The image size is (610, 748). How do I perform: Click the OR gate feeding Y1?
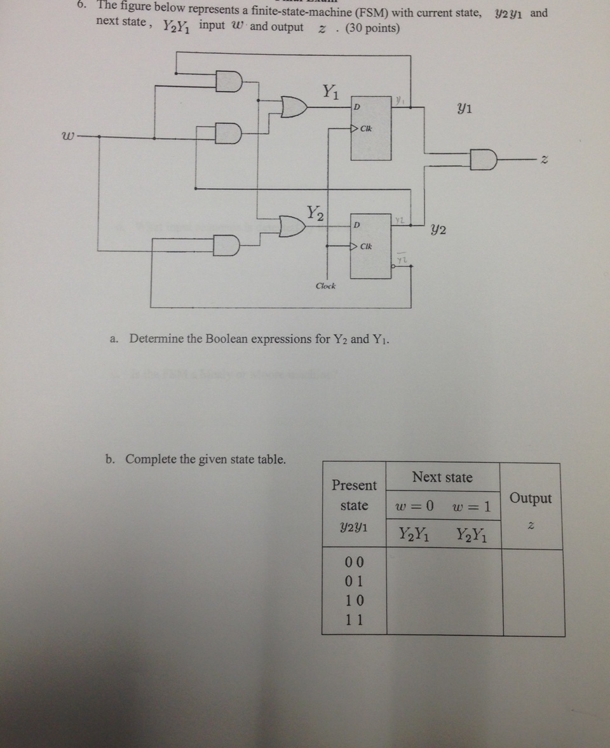293,107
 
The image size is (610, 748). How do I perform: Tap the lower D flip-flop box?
372,246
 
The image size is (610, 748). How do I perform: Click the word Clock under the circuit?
326,286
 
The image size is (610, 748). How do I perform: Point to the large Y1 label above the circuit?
328,93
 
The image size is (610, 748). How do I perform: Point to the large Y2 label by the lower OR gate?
316,212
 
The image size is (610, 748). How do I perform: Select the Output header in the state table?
531,498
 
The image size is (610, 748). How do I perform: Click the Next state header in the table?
442,477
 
